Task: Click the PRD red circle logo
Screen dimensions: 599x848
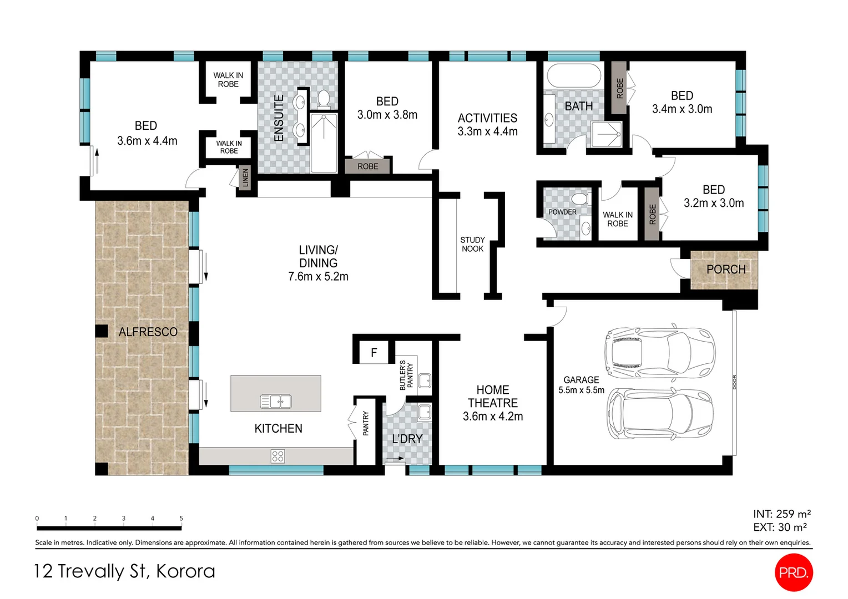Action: [x=793, y=572]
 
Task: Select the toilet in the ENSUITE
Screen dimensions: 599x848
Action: [x=324, y=99]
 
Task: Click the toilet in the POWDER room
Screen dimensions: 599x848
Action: [x=580, y=199]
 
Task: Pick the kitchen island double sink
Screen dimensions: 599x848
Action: [x=276, y=401]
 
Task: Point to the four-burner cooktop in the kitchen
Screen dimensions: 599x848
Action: [x=277, y=456]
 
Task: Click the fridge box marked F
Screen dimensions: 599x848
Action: [x=374, y=353]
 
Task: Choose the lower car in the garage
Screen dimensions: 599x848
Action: [x=659, y=414]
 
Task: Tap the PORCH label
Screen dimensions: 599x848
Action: [x=725, y=270]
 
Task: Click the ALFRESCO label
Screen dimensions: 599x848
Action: [x=148, y=332]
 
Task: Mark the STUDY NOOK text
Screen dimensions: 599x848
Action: [x=472, y=244]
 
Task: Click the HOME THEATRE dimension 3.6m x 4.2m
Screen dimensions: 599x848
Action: [x=493, y=417]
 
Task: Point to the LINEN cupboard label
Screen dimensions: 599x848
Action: [x=245, y=179]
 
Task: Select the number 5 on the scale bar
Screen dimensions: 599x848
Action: [x=181, y=519]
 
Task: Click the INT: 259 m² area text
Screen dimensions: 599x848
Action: [x=781, y=514]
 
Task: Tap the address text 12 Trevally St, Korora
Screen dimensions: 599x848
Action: [x=124, y=571]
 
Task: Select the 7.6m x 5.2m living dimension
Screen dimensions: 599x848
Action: [x=318, y=276]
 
